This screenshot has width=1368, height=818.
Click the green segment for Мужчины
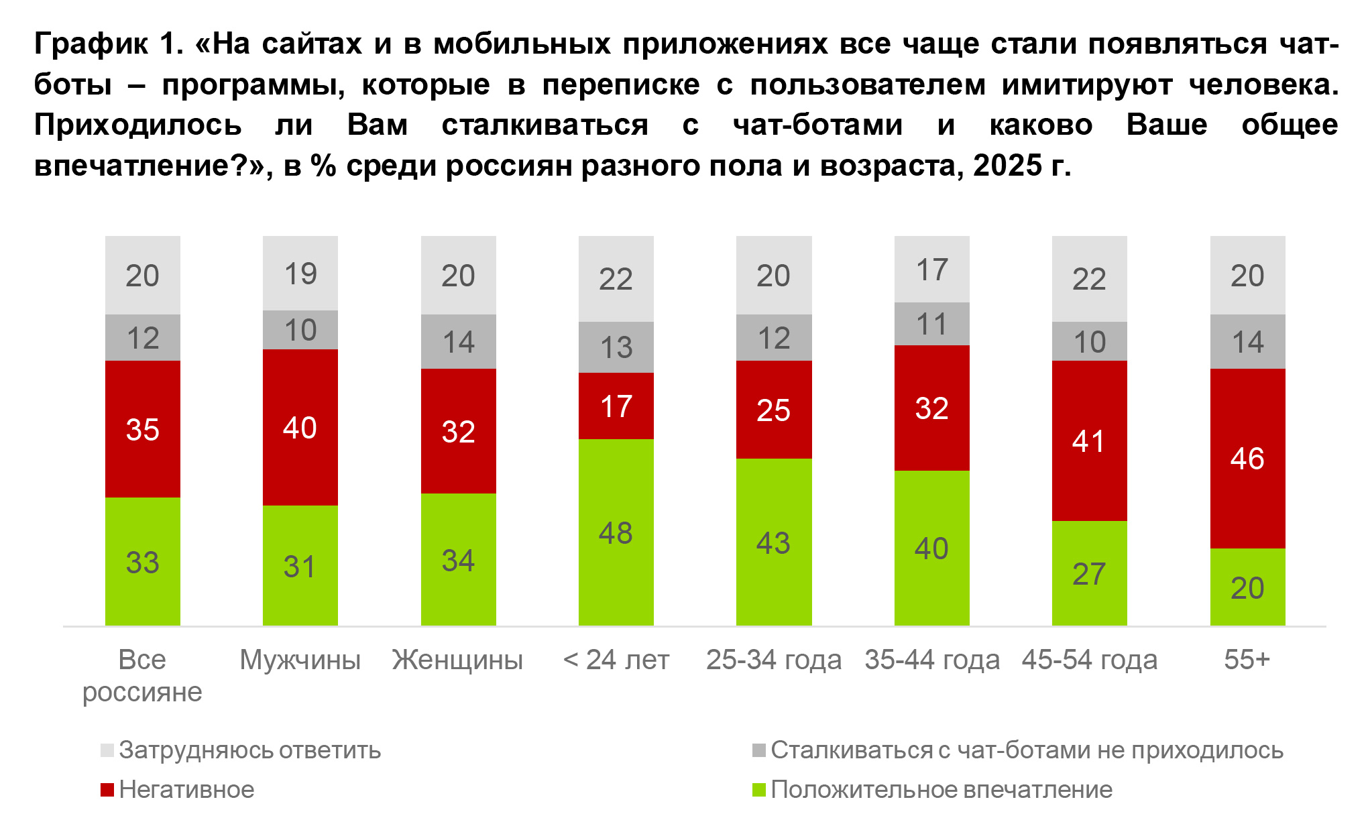pos(300,536)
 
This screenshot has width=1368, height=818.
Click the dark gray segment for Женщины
pos(458,342)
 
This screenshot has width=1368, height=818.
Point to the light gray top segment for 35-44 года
pos(931,270)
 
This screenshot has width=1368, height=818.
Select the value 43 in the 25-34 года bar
pos(773,543)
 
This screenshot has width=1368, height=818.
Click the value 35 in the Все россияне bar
pos(142,430)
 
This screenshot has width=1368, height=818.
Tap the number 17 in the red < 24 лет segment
pos(616,406)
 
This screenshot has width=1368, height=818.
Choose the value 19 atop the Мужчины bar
pos(300,274)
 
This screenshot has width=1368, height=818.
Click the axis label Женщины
pos(457,660)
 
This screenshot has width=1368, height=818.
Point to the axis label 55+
pos(1247,660)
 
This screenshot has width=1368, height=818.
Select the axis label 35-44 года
pos(931,660)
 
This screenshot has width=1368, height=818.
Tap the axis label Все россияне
pos(142,675)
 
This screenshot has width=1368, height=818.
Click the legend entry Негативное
pos(186,790)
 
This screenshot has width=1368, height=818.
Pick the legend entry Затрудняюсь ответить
pos(249,750)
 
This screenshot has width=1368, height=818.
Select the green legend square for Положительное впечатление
pos(758,790)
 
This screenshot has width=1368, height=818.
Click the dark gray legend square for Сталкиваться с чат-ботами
pos(758,750)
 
